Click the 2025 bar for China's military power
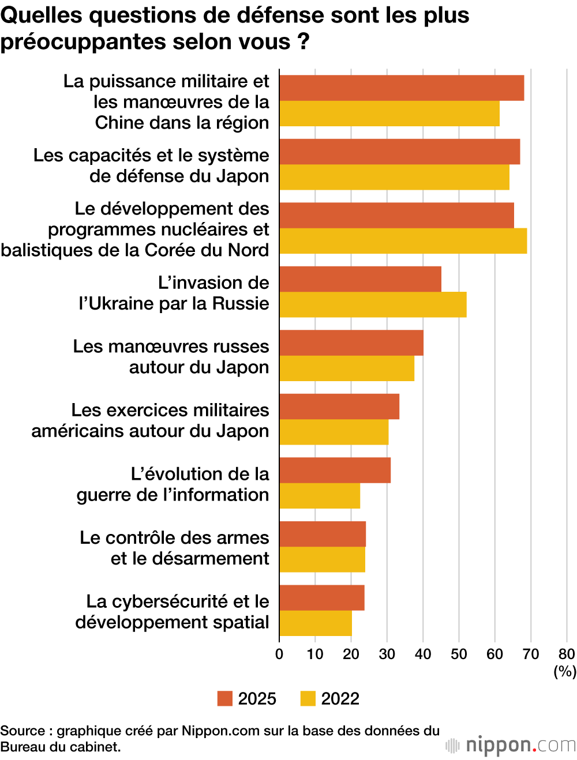402,88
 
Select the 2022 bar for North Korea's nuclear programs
403,241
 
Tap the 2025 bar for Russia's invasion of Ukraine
360,279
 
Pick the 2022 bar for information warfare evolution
320,496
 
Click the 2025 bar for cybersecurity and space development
322,597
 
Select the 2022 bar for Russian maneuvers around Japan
347,368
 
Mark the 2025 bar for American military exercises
339,407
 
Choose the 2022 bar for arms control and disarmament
322,559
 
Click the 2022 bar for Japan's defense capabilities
394,177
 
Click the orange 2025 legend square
224,698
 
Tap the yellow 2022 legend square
308,698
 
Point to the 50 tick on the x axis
459,654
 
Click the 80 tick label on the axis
566,654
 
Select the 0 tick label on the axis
279,654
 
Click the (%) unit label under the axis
565,671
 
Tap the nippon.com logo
511,745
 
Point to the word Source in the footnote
22,731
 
